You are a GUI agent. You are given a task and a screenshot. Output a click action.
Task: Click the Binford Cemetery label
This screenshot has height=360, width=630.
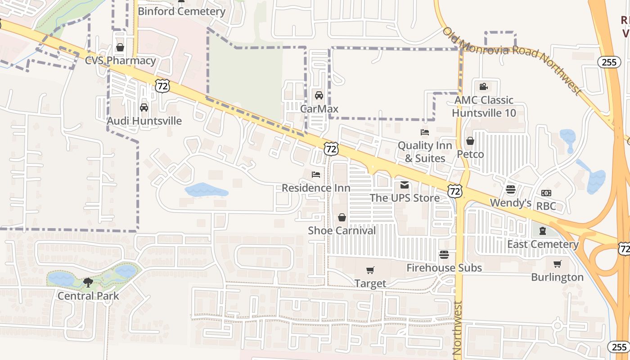[181, 11]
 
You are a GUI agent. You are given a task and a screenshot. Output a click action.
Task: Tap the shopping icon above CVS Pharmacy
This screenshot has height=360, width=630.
[120, 47]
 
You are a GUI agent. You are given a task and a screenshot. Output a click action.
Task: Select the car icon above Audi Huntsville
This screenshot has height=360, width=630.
[144, 108]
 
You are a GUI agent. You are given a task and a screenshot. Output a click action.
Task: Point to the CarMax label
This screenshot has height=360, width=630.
[319, 109]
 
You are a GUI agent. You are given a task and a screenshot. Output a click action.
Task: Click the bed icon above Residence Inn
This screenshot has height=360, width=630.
[316, 174]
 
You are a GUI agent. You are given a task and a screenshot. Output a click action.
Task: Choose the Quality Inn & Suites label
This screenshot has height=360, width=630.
[425, 152]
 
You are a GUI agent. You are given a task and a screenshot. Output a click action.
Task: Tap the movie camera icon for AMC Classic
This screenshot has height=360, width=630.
[483, 86]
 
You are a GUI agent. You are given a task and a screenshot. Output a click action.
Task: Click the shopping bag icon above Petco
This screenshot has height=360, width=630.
[470, 141]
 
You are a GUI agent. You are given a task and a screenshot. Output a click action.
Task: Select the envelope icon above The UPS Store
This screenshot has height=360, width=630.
[405, 185]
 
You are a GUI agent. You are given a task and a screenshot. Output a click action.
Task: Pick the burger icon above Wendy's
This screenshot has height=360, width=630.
[510, 189]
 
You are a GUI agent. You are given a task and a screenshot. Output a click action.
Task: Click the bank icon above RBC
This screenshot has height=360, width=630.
[546, 193]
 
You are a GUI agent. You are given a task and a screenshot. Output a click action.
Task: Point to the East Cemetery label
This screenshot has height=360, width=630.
[543, 244]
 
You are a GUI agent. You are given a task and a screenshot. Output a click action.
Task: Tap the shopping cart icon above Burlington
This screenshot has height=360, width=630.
[557, 264]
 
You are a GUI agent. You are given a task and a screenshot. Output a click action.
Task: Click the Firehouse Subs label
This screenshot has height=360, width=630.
[444, 268]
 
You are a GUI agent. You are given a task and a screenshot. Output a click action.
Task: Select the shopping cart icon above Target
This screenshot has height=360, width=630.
[370, 270]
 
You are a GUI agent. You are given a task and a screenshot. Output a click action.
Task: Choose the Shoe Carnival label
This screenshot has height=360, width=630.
[342, 231]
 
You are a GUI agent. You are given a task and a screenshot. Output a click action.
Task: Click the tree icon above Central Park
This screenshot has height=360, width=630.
[88, 282]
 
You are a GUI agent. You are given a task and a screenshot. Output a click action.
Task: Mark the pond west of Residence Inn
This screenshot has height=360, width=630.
[206, 190]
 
